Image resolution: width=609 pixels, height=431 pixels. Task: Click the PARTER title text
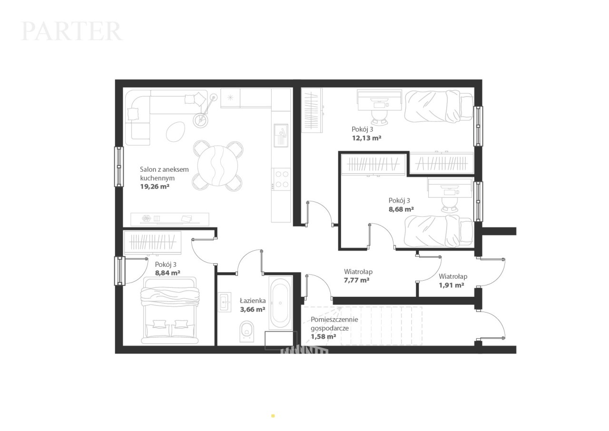coord(71,31)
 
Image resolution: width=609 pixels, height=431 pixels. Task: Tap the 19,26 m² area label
coord(155,186)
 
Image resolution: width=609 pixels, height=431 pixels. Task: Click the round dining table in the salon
coord(217,166)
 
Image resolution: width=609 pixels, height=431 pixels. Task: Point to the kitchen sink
coord(281,135)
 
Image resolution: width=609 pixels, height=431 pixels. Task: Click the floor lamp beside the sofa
coord(205,111)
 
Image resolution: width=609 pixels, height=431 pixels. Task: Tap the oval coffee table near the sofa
coord(176,131)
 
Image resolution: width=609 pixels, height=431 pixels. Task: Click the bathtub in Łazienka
coord(280,303)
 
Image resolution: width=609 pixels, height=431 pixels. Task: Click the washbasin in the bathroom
coord(225,302)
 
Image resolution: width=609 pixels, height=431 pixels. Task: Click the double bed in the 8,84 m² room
coord(170,311)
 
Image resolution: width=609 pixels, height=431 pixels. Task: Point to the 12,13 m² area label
coord(366,138)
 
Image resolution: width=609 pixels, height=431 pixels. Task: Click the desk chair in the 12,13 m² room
coord(380,118)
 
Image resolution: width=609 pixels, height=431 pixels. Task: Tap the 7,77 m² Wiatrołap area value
coord(356,280)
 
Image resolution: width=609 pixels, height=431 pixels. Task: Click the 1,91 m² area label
coord(452,285)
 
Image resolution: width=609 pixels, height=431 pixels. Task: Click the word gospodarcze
coord(330,328)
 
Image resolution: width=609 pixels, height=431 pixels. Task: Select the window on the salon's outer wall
coord(119,167)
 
